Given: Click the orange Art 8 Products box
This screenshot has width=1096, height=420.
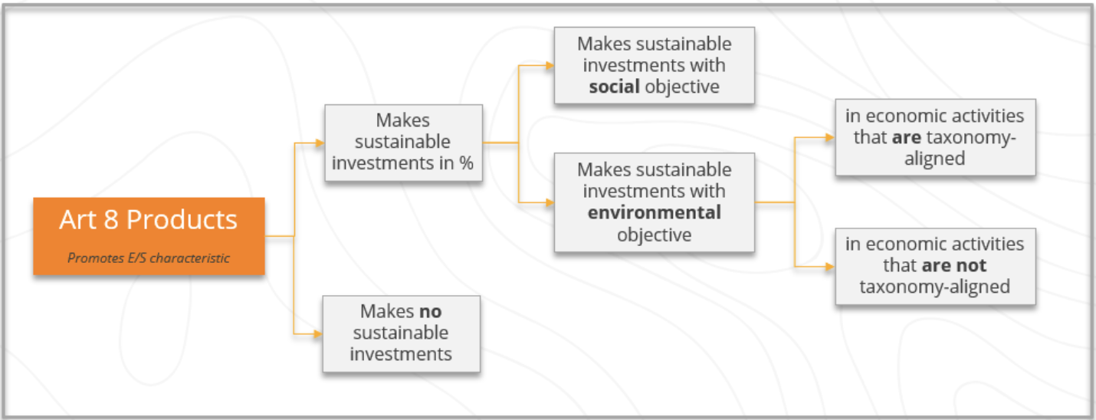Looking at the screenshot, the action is click(149, 236).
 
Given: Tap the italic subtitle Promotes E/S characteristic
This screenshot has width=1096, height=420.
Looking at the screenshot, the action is click(148, 258).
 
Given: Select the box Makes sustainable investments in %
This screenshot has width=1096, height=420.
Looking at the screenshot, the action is click(404, 143).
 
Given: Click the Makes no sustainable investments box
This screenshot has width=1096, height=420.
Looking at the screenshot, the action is click(401, 334).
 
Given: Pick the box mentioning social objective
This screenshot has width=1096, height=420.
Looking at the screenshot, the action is click(655, 65).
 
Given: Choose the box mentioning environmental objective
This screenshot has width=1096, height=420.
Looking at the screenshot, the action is click(655, 202).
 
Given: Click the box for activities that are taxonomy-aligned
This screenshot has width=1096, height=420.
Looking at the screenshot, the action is click(936, 137).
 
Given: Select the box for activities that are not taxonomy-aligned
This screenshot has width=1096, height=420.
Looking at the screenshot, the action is click(936, 266).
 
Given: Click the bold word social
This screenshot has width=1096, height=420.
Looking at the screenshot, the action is click(614, 87).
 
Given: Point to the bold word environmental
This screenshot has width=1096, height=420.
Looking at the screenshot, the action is click(655, 212).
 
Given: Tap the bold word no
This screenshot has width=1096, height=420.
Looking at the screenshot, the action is click(431, 311).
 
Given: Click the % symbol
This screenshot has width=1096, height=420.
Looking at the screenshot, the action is click(466, 162).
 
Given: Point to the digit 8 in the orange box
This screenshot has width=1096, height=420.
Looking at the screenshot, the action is click(111, 219).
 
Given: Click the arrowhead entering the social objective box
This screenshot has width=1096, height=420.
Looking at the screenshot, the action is click(550, 65).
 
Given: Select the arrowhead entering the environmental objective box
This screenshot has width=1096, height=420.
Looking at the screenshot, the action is click(550, 202).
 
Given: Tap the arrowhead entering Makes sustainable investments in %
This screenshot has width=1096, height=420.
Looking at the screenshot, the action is click(320, 143).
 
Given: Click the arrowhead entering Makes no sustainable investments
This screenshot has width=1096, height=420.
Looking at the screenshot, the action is click(318, 334).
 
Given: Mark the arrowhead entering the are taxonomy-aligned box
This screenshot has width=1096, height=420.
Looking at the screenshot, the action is click(830, 137).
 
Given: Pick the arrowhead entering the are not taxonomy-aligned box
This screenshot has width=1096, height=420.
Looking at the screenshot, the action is click(830, 266).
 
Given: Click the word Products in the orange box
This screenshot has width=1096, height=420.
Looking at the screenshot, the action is click(182, 219).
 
